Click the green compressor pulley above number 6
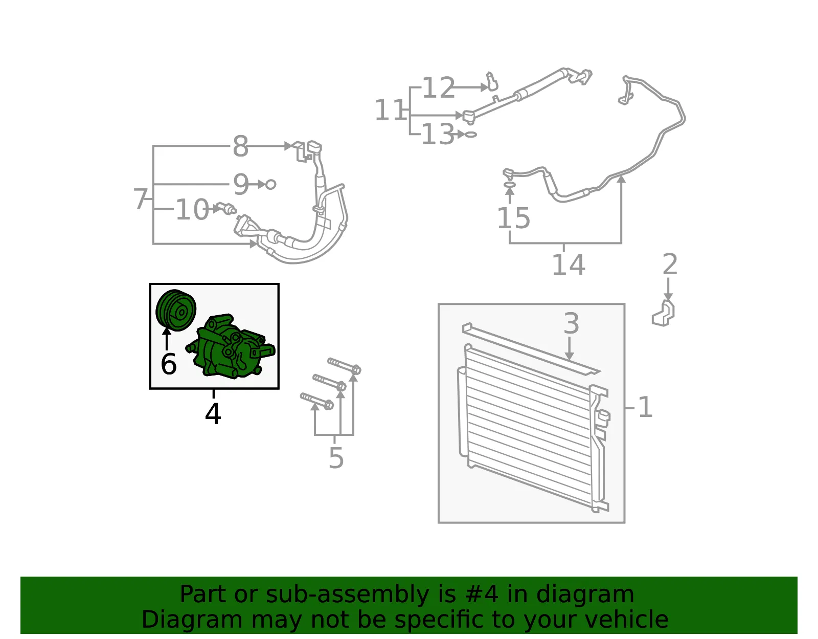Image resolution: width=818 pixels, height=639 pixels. (176, 310)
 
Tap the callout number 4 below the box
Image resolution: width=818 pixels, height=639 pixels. (213, 414)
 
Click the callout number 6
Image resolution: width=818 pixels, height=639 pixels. (168, 364)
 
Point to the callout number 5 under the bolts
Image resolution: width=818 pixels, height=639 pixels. (336, 458)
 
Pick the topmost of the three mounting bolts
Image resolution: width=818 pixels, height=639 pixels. (345, 366)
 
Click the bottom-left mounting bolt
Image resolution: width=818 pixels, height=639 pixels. (316, 401)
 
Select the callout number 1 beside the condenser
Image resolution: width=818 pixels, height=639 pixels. (646, 407)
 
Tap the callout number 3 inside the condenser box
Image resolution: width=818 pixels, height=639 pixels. (571, 323)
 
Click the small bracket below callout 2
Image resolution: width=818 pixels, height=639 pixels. (663, 313)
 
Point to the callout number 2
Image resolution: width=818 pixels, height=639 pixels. (670, 264)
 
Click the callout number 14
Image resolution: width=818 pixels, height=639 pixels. (569, 265)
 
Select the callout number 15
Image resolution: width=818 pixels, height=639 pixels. (514, 218)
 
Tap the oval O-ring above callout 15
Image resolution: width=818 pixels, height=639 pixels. (509, 184)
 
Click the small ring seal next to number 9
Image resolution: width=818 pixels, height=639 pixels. (270, 185)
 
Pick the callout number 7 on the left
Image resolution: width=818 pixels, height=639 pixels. (141, 199)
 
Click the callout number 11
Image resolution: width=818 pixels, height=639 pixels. (390, 109)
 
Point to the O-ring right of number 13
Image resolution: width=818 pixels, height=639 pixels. (471, 135)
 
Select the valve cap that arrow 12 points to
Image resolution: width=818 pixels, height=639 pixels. (492, 81)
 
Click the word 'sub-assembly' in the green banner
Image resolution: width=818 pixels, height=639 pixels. (347, 594)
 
